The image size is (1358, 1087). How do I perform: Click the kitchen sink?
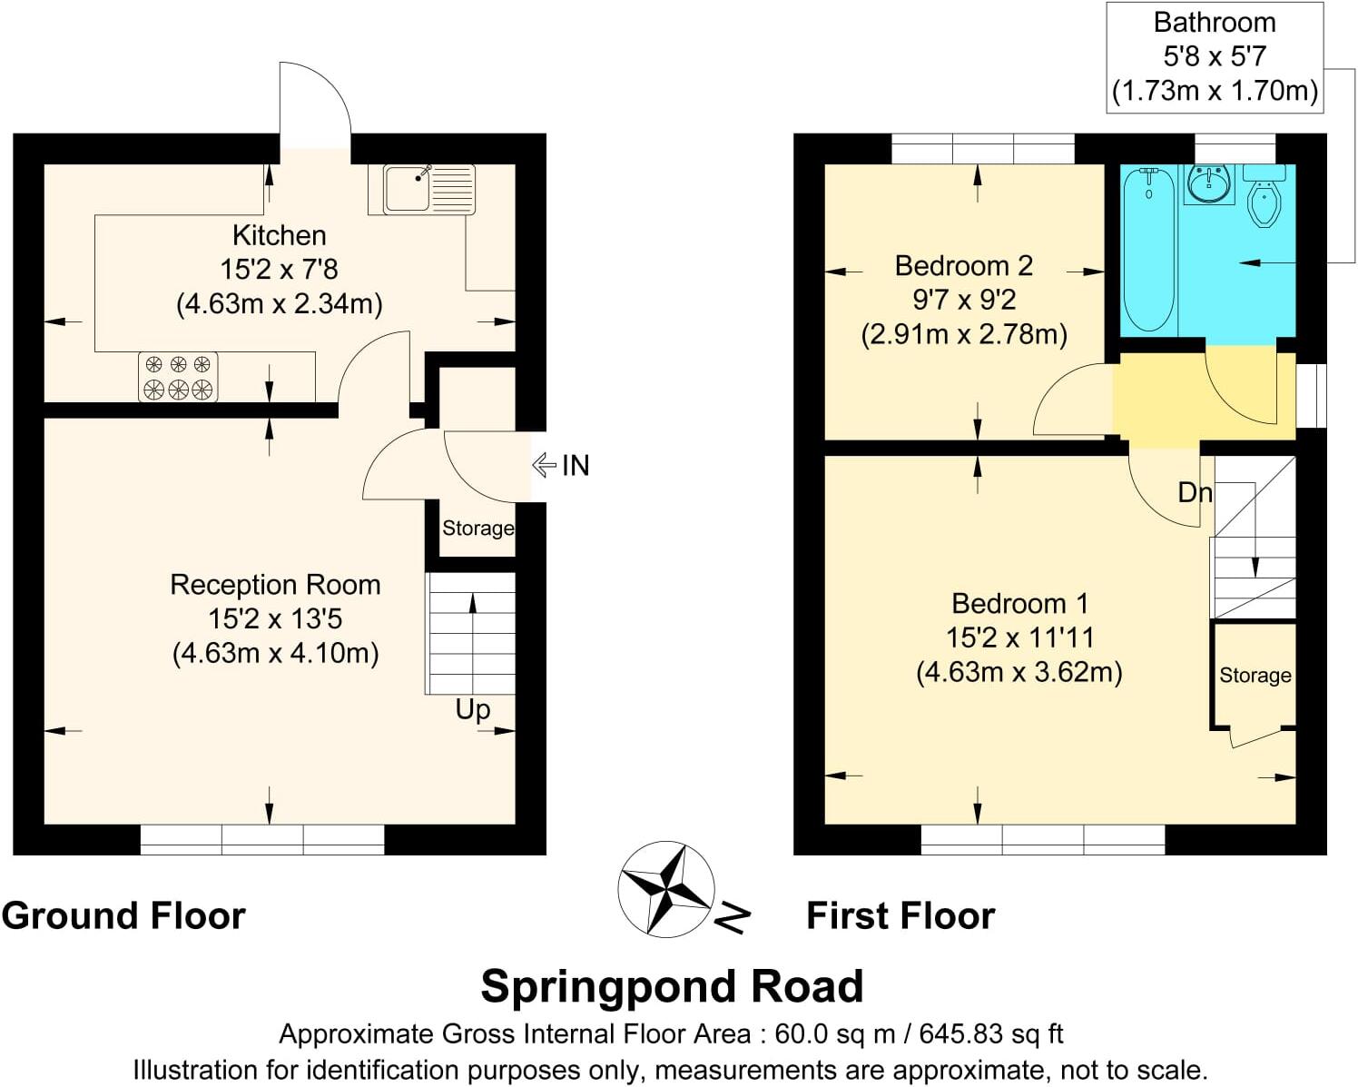click(428, 189)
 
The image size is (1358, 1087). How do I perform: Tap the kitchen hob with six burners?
click(178, 377)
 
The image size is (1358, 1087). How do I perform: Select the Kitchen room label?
click(279, 235)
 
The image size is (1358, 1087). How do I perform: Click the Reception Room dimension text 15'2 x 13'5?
click(275, 619)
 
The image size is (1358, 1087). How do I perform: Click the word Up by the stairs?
click(473, 709)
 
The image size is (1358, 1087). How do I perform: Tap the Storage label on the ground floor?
click(477, 529)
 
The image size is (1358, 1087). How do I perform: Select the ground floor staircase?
click(471, 633)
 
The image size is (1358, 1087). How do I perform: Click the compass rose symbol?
click(666, 888)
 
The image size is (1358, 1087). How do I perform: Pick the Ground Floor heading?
click(123, 915)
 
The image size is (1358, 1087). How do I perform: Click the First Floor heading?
click(900, 915)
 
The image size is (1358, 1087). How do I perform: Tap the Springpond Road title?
click(672, 986)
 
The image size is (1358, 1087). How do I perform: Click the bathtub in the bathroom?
click(1148, 249)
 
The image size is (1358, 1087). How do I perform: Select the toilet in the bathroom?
click(1264, 198)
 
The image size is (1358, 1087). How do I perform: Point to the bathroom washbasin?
click(1209, 185)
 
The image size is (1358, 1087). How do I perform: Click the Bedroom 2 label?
click(963, 266)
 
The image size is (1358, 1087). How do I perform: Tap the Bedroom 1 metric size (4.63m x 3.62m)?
click(1018, 673)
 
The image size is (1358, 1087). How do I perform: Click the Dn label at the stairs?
click(1195, 492)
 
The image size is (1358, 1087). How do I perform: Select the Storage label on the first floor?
click(1255, 675)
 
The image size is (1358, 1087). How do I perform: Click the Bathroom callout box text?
click(1214, 56)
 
